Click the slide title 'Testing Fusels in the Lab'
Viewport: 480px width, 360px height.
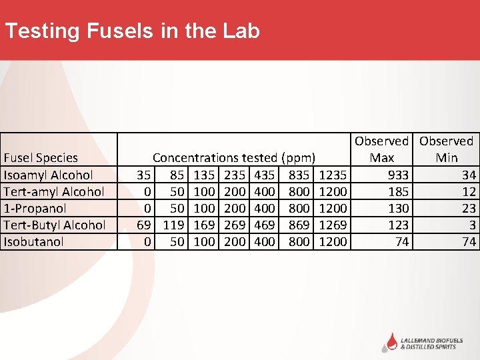point(132,31)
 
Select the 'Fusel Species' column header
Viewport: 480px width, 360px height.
point(41,158)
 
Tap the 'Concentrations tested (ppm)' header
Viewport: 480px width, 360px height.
point(233,158)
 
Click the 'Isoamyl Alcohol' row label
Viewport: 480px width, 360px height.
point(49,175)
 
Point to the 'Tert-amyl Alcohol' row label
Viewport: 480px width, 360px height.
point(54,191)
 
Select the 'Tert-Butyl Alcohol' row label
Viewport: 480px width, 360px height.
point(55,225)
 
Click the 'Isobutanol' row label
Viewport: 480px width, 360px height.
point(33,241)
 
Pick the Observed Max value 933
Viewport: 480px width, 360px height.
point(399,175)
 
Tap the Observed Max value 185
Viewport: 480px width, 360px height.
point(399,191)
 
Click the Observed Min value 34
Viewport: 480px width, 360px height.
point(469,175)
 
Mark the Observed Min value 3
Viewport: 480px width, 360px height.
point(472,225)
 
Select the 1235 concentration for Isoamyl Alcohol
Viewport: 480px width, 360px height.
point(333,175)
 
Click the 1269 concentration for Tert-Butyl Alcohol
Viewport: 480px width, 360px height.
point(333,225)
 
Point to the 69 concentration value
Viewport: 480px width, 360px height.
point(143,225)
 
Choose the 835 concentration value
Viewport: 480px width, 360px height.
point(299,175)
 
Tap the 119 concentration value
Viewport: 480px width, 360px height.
point(173,225)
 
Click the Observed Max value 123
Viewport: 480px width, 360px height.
point(399,225)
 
